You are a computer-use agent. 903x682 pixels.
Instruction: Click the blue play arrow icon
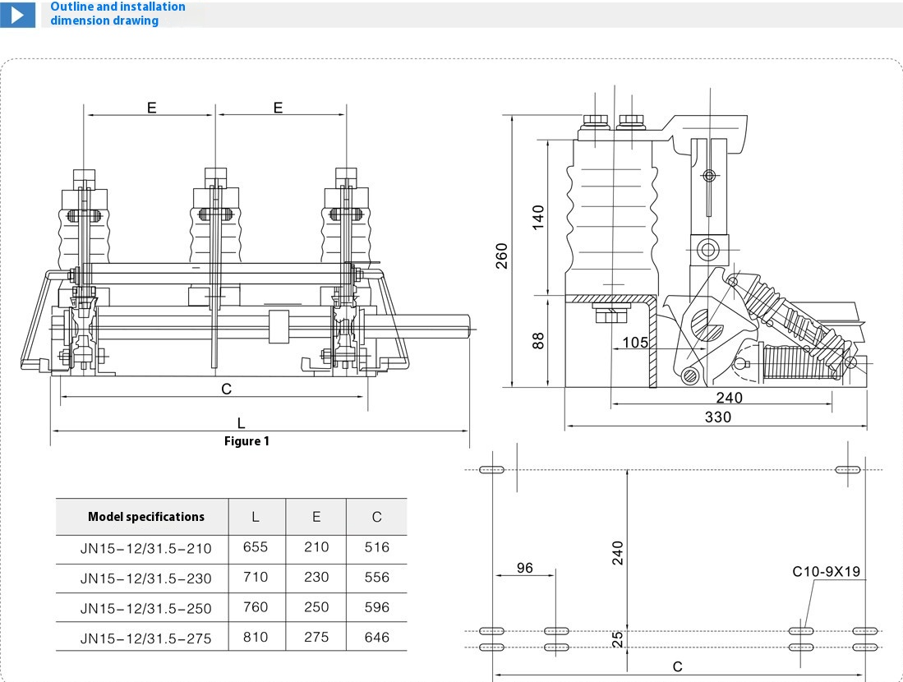tap(17, 14)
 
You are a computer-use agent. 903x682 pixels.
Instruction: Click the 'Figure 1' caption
tap(246, 441)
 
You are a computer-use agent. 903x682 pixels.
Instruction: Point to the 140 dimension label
tap(538, 217)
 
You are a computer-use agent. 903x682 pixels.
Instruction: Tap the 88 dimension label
tap(538, 340)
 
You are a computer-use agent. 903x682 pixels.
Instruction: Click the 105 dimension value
tap(635, 343)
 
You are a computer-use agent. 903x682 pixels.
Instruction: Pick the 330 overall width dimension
tap(717, 417)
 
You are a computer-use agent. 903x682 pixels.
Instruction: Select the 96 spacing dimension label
tap(523, 568)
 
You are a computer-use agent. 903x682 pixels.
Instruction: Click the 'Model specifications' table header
tap(146, 517)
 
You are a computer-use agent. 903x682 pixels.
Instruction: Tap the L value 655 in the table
tap(256, 546)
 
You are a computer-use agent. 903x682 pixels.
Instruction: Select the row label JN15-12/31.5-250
tap(145, 609)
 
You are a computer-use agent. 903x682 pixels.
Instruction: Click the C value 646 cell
tap(376, 637)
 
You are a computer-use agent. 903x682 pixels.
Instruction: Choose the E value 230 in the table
tap(316, 577)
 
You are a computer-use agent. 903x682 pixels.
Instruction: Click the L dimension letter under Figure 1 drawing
tap(241, 423)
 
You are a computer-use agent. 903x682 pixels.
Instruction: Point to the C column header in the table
tap(376, 517)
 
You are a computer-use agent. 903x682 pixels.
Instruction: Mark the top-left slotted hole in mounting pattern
tap(491, 470)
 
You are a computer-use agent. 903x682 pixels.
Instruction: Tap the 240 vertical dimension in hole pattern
tap(618, 552)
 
